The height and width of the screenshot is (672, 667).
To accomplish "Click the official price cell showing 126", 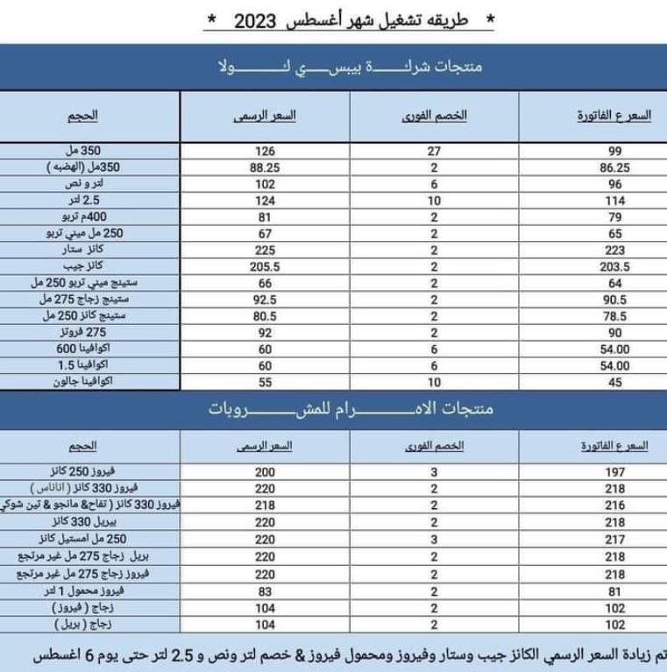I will click(266, 151).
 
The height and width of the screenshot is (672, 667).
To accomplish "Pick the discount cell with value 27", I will click(434, 151).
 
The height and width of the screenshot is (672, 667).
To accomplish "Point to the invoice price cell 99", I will click(614, 151).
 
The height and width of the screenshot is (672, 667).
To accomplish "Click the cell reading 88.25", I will click(265, 167).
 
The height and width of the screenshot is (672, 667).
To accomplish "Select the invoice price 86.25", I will click(614, 167).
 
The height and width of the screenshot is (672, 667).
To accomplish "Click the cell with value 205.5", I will click(265, 266).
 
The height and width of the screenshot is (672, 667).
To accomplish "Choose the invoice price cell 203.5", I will click(614, 266).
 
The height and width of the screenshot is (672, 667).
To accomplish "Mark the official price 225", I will click(266, 250).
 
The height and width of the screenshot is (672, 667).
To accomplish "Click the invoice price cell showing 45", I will click(614, 382).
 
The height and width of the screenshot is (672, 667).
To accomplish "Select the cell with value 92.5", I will click(265, 300).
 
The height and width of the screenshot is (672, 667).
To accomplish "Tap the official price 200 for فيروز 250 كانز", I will click(266, 472).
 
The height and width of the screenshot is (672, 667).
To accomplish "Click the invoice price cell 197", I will click(614, 472).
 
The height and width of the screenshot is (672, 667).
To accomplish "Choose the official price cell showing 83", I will click(266, 591).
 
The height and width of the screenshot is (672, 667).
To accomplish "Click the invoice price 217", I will click(614, 540).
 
